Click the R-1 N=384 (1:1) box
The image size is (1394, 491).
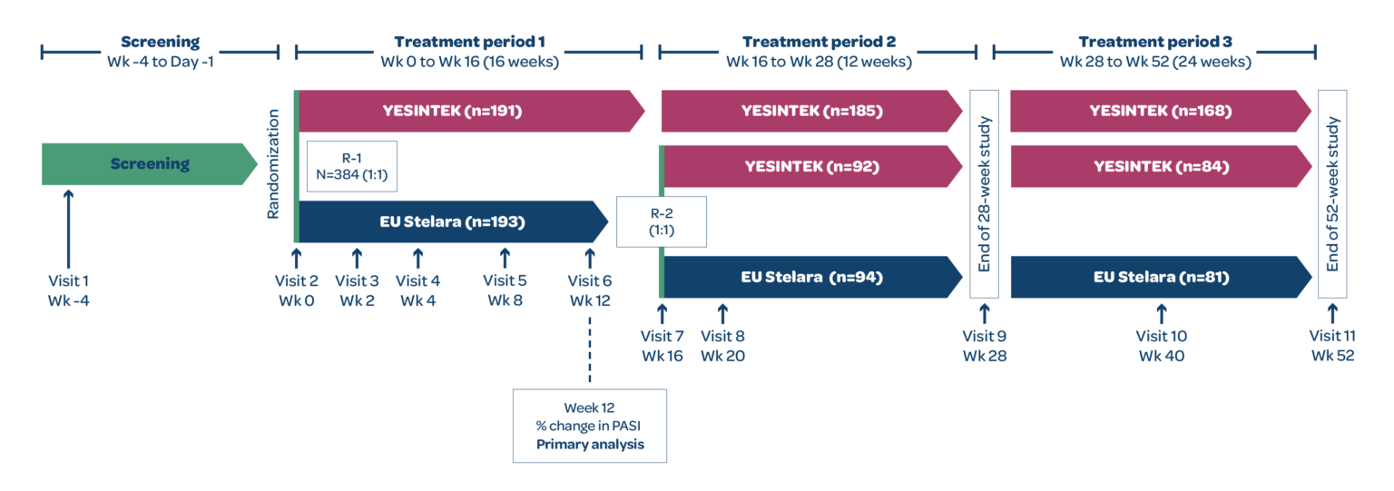coord(352,167)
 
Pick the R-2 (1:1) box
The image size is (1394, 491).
coord(661,221)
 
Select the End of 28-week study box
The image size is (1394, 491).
coord(985,194)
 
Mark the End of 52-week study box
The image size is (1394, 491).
coord(1332,194)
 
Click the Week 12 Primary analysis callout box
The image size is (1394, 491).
coord(589,426)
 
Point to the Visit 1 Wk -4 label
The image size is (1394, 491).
coord(68,290)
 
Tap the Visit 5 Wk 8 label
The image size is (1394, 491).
coord(505,290)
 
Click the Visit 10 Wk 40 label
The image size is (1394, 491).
coord(1161,346)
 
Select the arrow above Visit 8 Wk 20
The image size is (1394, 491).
coord(722,313)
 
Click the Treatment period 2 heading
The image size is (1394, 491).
coord(818,52)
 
